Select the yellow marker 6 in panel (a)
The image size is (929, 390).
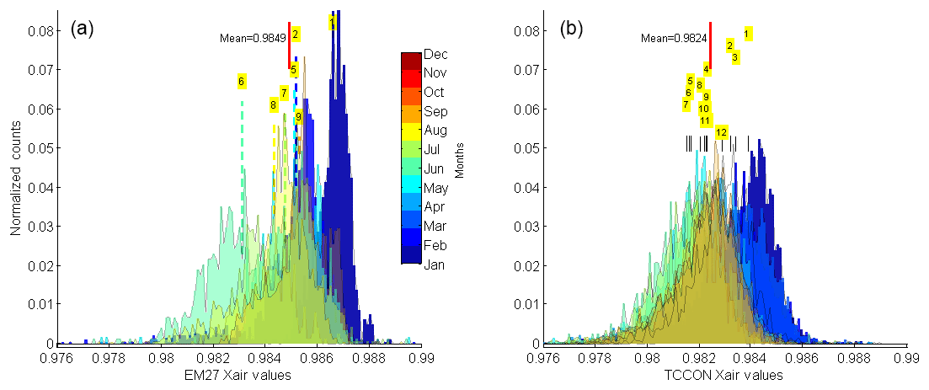point(241,82)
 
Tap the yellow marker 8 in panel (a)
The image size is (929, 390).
point(273,105)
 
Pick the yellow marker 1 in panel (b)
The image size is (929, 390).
point(747,34)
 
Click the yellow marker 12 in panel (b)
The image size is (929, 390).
point(721,133)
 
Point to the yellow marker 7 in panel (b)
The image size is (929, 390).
point(686,104)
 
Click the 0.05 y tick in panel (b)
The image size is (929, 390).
point(525,148)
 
